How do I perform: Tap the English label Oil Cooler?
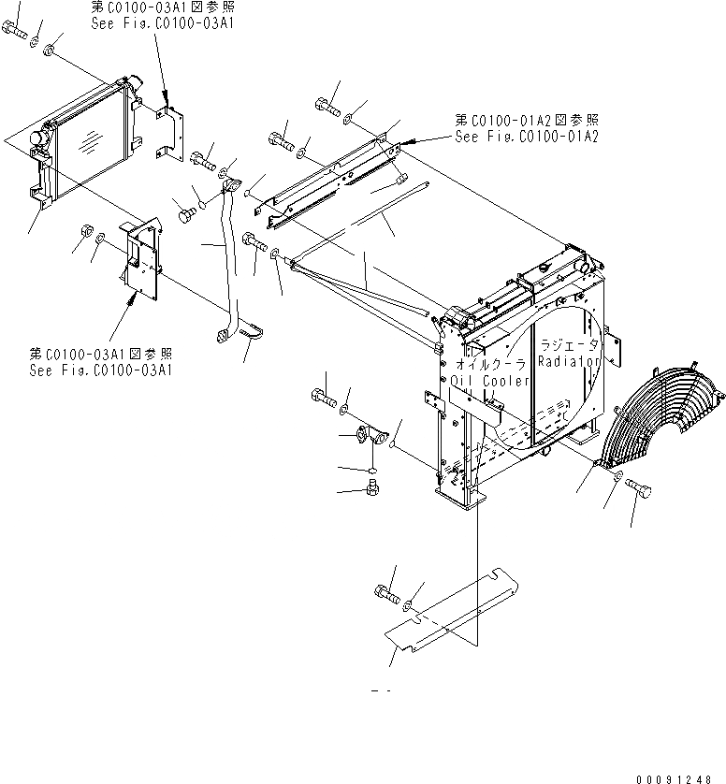(491, 381)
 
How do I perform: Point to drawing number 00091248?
(678, 778)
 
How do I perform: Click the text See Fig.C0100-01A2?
(527, 137)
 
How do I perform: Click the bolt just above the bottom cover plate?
(385, 592)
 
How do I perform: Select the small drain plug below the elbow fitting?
(373, 486)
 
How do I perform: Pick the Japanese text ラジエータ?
(571, 345)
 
